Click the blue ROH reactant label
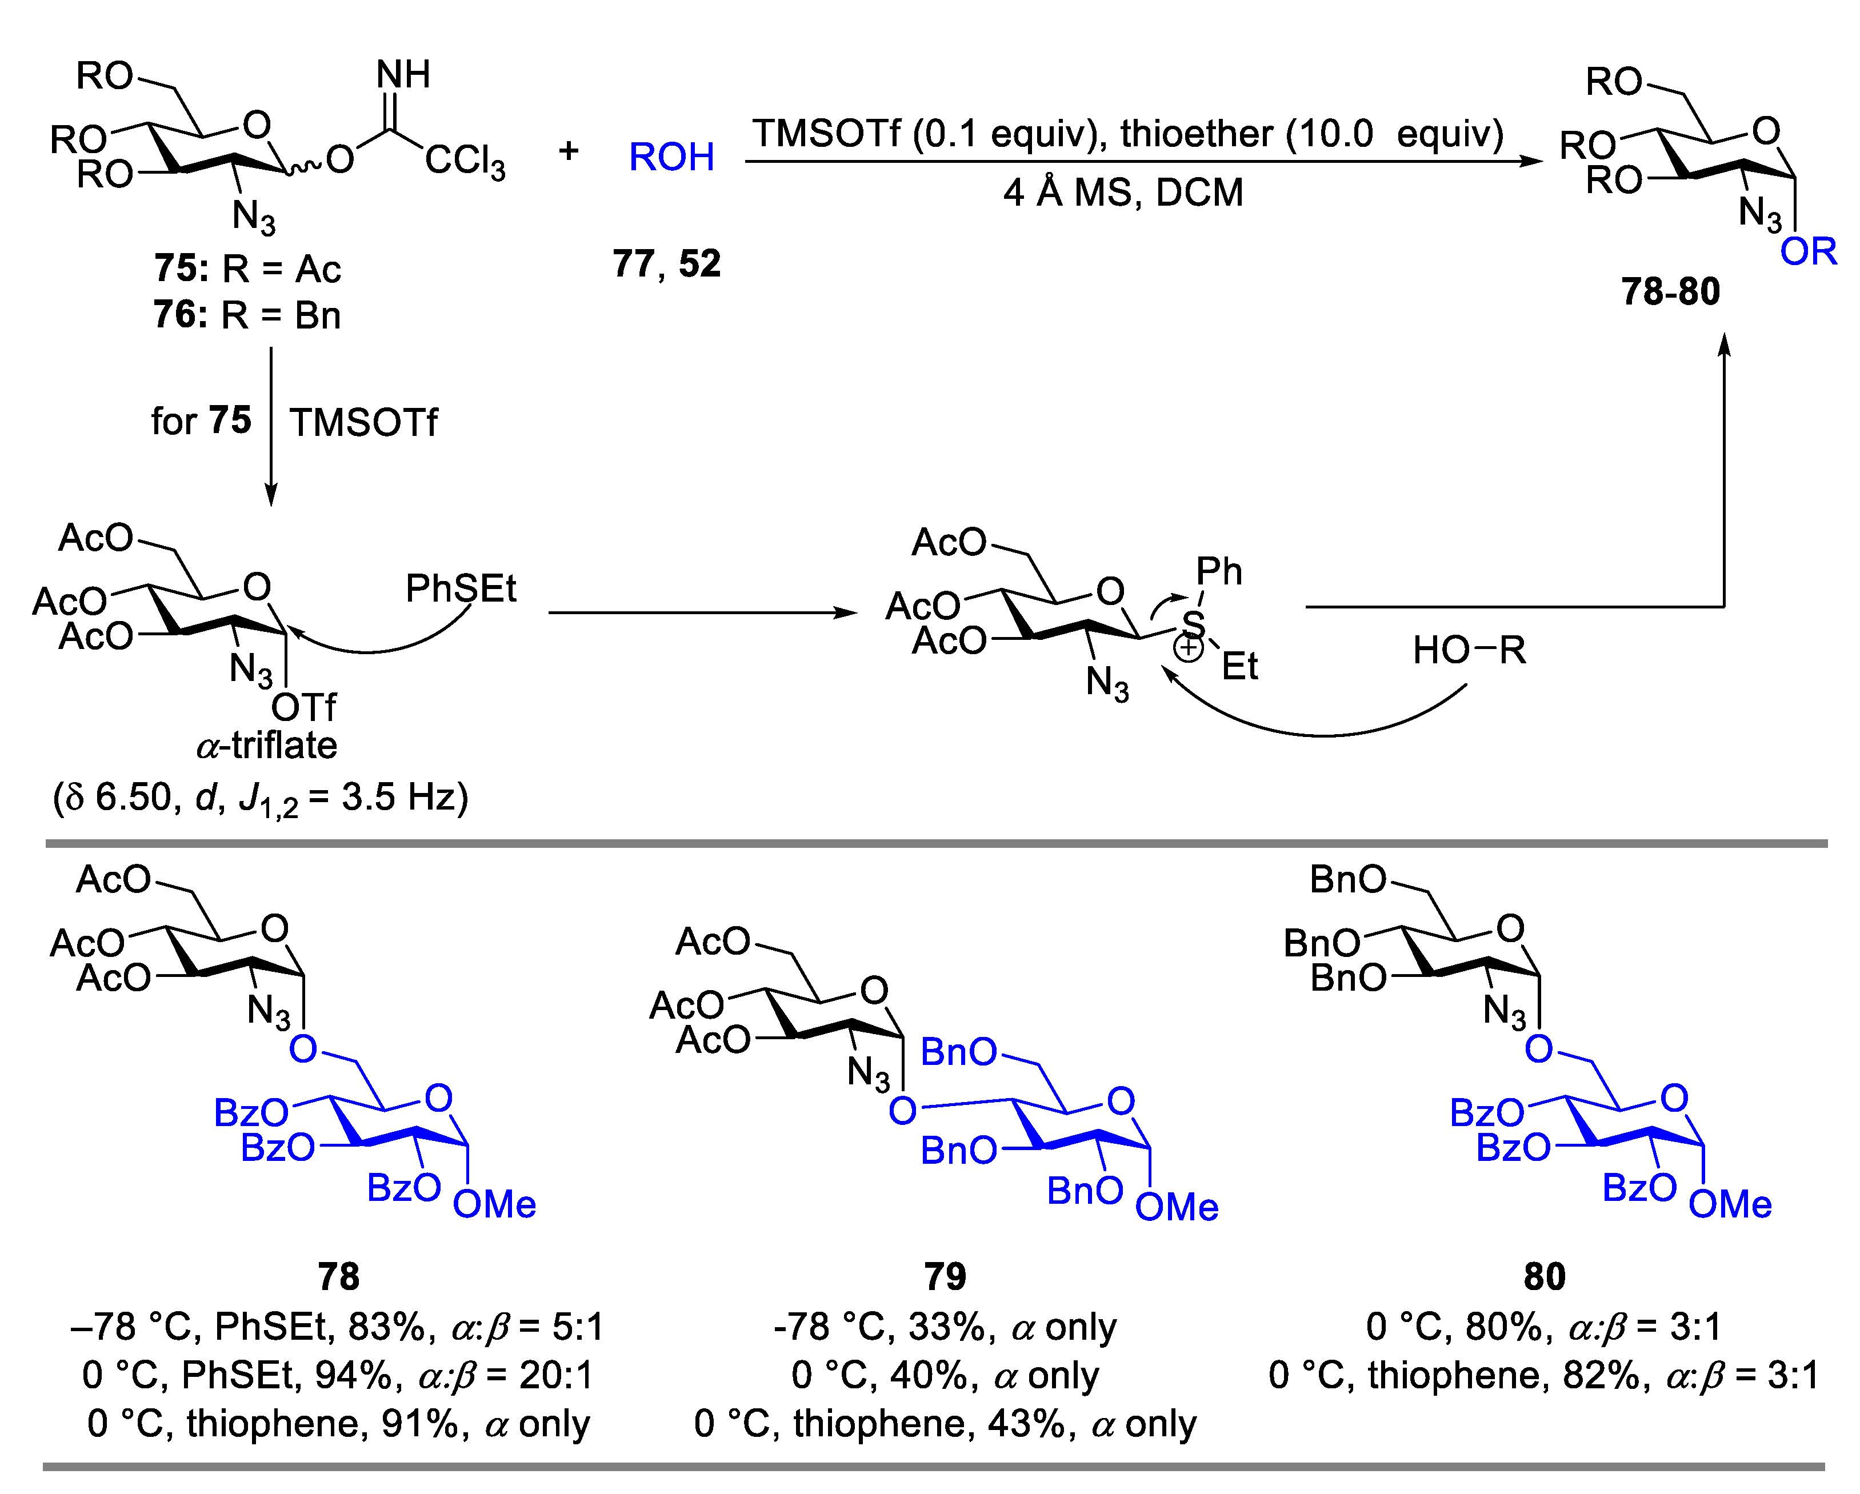(x=671, y=157)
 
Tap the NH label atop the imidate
(x=403, y=75)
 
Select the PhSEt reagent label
(x=461, y=589)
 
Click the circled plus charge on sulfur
(x=1189, y=648)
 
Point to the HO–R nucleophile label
(x=1469, y=650)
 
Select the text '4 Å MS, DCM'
(x=1123, y=193)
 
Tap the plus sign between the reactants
(x=569, y=151)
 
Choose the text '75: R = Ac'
(x=247, y=269)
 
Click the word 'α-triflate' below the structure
(x=267, y=745)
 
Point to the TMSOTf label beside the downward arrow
(x=363, y=423)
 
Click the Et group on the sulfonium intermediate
(x=1239, y=667)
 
